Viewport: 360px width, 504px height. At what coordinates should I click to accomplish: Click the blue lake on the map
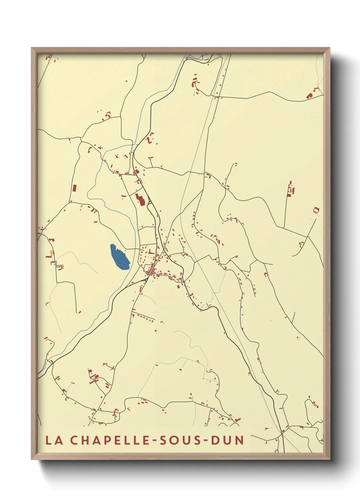point(119,257)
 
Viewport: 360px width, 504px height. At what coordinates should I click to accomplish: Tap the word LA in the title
point(54,440)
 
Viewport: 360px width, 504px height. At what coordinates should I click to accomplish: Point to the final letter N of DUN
point(240,440)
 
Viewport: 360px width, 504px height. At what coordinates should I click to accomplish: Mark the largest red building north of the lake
point(140,199)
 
